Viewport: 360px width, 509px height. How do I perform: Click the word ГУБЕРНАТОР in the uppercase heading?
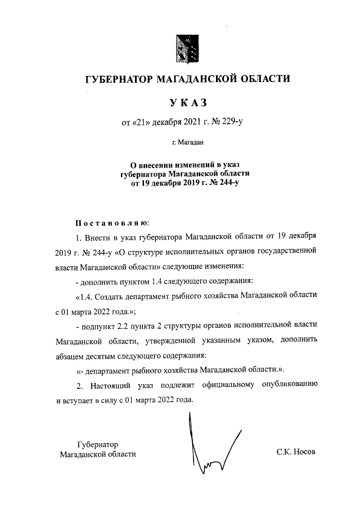119,79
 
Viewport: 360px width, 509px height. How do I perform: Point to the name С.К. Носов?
296,452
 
